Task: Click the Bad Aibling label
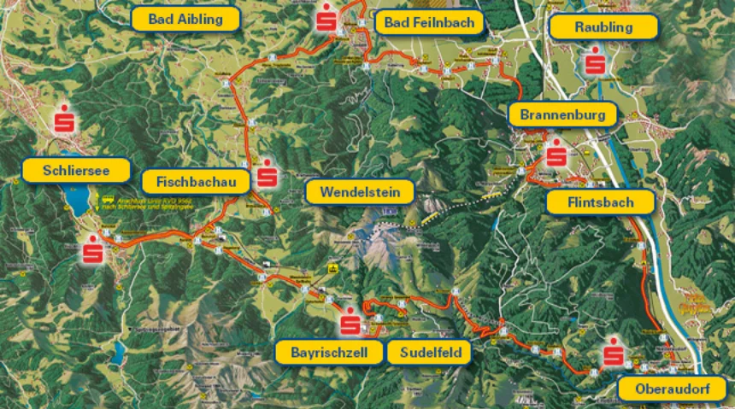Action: [185, 18]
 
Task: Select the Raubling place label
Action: [603, 26]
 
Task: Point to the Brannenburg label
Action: [562, 114]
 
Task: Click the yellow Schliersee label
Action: [75, 170]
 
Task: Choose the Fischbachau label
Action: [196, 181]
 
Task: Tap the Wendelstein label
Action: [359, 191]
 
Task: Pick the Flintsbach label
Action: [600, 202]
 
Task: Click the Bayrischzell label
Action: [328, 352]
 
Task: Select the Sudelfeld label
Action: [429, 352]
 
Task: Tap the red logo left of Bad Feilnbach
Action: [326, 19]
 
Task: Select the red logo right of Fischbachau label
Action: [268, 174]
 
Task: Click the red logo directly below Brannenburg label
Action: [556, 155]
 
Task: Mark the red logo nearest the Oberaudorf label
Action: [613, 355]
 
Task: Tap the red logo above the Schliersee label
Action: [63, 120]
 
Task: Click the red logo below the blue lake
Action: [92, 250]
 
